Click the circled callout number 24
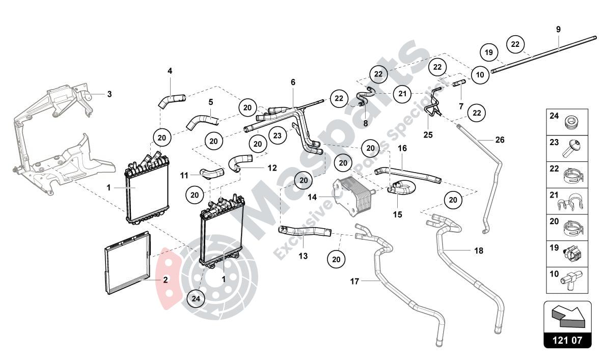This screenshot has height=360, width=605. click(196, 298)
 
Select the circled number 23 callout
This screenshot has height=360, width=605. click(277, 135)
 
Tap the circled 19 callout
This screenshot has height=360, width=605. click(489, 52)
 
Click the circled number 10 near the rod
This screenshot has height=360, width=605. click(479, 74)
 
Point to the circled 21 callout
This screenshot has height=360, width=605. click(403, 93)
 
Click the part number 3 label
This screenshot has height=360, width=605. click(109, 94)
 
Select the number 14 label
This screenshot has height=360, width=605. click(312, 197)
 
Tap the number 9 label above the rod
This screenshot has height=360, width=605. click(558, 30)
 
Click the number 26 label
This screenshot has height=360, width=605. click(500, 140)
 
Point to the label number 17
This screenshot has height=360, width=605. click(355, 281)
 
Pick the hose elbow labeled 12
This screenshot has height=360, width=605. click(237, 163)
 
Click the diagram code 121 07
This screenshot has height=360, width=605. click(567, 339)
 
